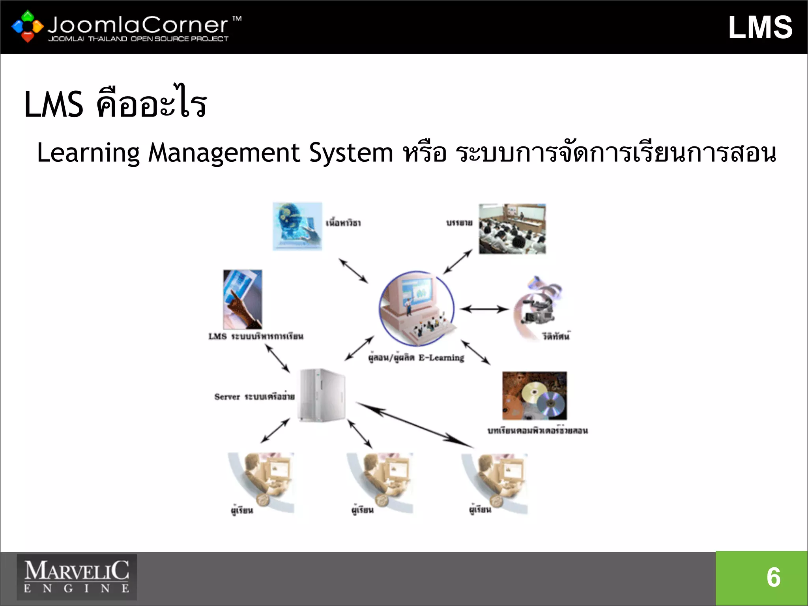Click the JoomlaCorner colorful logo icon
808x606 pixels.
(x=27, y=26)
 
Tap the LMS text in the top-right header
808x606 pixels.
(x=760, y=28)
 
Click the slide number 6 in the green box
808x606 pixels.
(x=773, y=577)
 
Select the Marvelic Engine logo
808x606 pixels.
(x=77, y=577)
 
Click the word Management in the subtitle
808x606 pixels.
(x=224, y=153)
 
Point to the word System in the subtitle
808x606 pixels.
(x=351, y=153)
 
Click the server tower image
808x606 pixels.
(x=322, y=395)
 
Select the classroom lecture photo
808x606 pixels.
(x=512, y=229)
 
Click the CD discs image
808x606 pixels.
(x=535, y=396)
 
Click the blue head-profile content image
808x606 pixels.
(x=297, y=226)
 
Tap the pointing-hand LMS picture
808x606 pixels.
(x=242, y=299)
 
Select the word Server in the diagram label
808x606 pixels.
(x=227, y=397)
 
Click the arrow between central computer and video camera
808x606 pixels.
(x=484, y=309)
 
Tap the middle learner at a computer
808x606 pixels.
(x=380, y=483)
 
